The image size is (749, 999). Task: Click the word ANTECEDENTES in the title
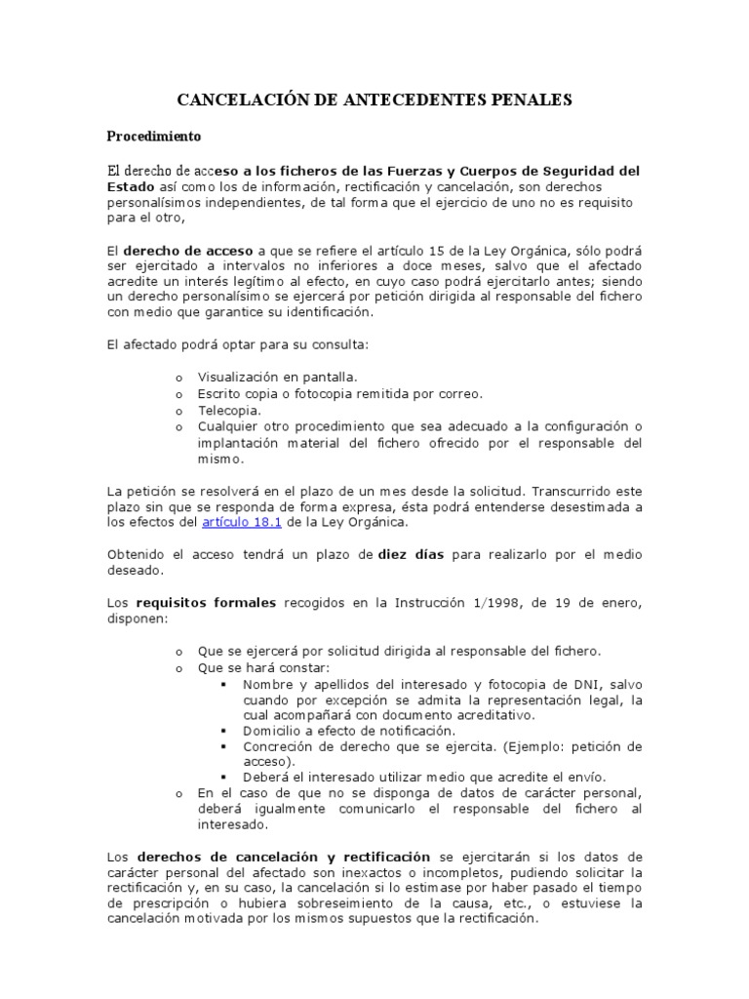(388, 100)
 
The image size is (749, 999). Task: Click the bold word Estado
(131, 184)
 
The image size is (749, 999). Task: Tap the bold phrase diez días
(411, 554)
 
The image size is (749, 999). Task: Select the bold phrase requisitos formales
(206, 603)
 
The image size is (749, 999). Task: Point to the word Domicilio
(277, 731)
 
